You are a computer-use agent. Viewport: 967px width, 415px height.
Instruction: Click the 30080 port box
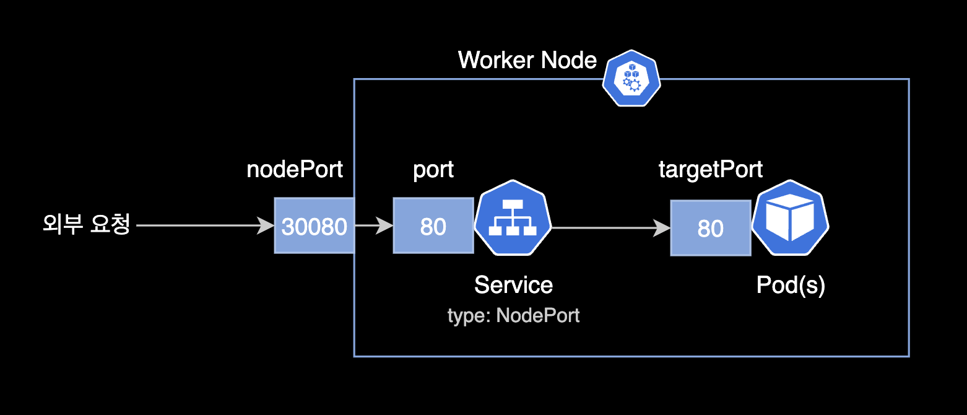314,226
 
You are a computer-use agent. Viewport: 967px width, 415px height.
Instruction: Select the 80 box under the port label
433,226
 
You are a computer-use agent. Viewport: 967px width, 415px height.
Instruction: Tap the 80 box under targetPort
710,228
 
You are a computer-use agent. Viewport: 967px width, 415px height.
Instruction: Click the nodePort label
295,170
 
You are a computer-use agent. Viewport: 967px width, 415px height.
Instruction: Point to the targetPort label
710,170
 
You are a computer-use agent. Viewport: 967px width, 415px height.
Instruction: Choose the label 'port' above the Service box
433,170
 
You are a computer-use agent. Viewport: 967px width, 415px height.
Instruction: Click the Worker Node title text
527,61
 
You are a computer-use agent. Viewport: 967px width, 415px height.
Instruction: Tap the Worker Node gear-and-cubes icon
631,78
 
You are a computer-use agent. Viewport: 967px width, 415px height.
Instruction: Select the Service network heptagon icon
513,218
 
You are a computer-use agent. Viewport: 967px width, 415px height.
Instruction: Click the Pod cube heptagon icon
790,218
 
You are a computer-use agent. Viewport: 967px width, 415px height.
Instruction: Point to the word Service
513,285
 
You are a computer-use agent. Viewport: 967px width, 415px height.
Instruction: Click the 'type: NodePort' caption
513,315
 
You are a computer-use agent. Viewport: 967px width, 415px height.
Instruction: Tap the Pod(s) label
791,286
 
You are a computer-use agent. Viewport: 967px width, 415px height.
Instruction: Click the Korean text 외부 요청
86,225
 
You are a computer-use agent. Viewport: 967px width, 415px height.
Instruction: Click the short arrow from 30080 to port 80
373,226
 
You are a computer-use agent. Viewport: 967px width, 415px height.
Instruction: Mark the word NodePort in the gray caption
537,315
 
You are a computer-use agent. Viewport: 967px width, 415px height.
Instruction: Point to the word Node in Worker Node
569,61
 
